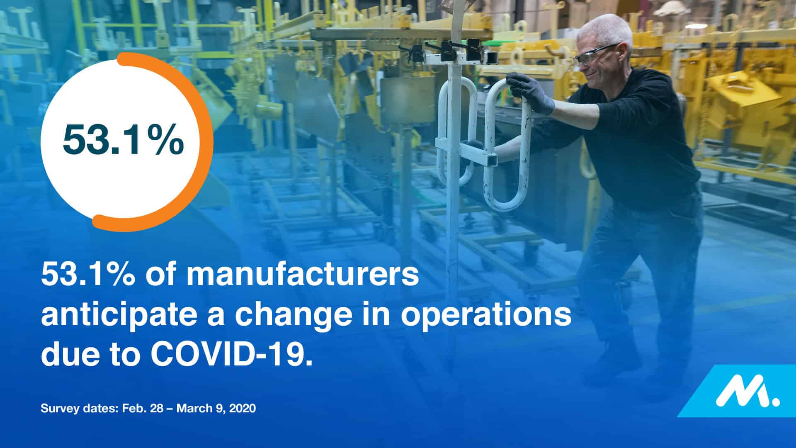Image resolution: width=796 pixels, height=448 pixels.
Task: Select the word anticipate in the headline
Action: click(131, 315)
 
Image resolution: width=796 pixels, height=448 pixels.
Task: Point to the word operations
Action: click(486, 315)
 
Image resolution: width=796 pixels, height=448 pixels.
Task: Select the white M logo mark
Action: click(747, 391)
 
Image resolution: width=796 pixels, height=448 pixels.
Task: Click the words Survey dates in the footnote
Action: click(79, 409)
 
